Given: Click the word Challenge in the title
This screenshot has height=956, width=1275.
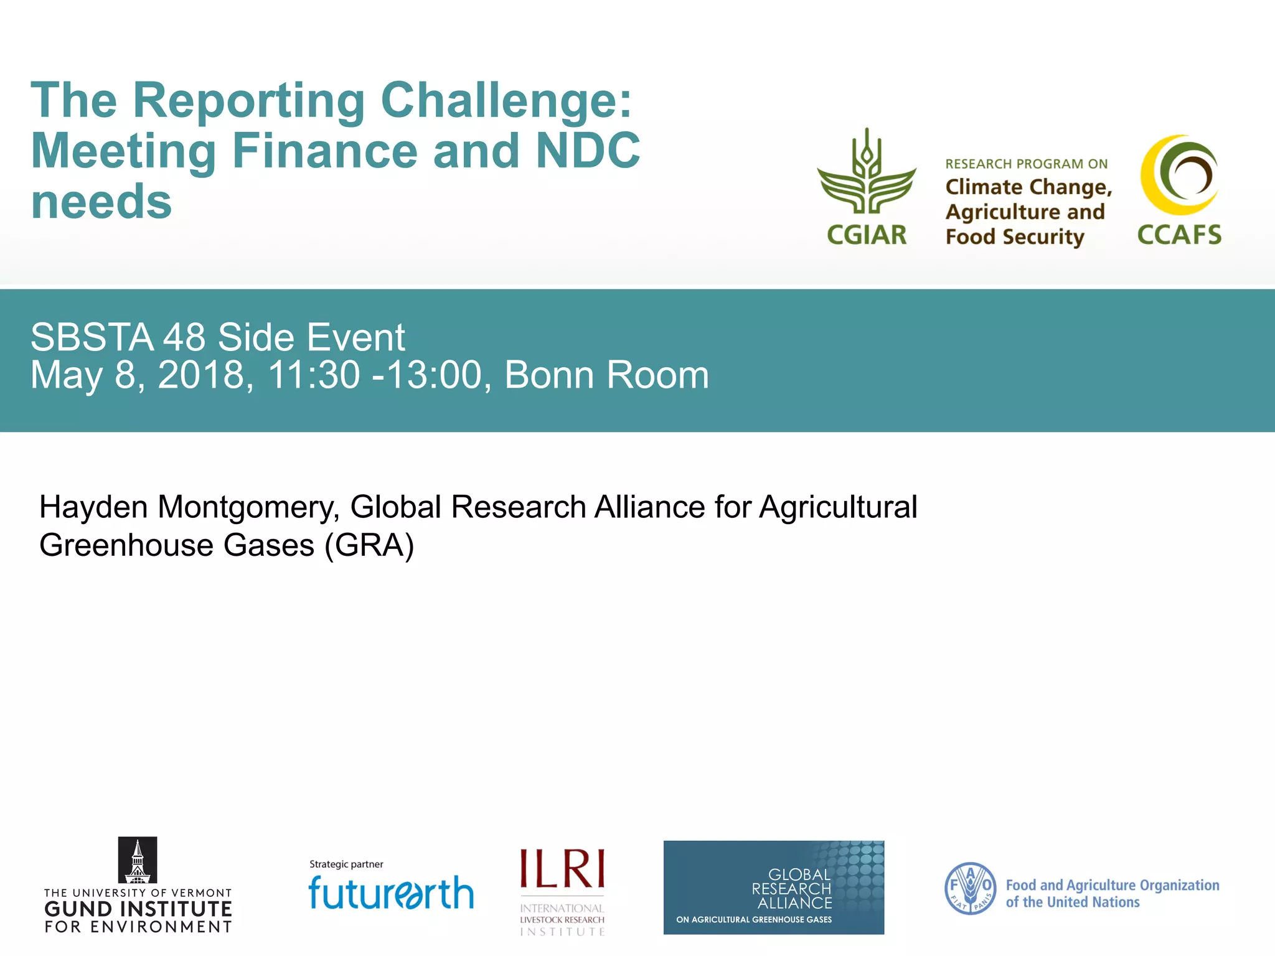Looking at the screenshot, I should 506,101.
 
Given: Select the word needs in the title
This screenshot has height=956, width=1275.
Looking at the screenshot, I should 101,202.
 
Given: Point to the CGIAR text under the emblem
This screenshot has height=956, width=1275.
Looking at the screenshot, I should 866,235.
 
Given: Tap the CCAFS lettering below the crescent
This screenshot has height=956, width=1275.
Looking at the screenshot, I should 1179,235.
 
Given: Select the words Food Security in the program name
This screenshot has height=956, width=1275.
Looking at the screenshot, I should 1015,237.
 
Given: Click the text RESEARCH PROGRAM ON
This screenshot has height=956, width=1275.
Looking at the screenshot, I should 1026,164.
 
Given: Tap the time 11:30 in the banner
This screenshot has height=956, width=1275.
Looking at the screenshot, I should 314,375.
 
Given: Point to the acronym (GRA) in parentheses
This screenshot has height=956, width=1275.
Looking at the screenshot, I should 369,546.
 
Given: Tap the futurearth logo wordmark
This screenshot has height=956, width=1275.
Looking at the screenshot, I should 391,893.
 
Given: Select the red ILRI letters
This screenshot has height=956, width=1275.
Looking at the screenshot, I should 562,869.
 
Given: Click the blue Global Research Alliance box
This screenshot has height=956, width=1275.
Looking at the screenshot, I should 773,887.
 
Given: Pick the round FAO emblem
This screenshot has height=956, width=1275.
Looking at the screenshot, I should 970,888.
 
